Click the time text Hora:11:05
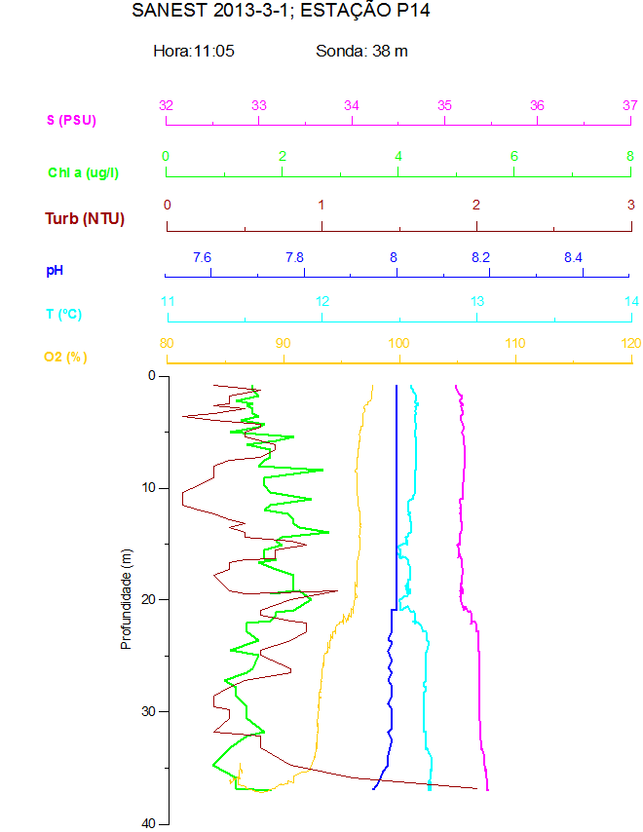[x=194, y=51]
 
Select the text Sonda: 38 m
[x=361, y=51]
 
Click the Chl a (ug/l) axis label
[x=84, y=172]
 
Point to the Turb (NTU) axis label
[x=85, y=218]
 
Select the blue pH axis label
[x=55, y=268]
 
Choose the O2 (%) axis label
[x=65, y=358]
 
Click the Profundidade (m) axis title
[x=126, y=599]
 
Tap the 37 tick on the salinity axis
[x=630, y=105]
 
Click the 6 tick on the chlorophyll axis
[x=514, y=156]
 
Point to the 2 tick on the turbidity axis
[x=476, y=205]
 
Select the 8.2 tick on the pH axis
[x=480, y=257]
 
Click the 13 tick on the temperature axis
[x=477, y=302]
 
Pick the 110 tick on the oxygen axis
[x=515, y=343]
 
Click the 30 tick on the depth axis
[x=149, y=711]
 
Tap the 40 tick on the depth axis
[x=149, y=823]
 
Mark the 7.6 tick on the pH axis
[x=202, y=257]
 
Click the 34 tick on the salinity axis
[x=352, y=105]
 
